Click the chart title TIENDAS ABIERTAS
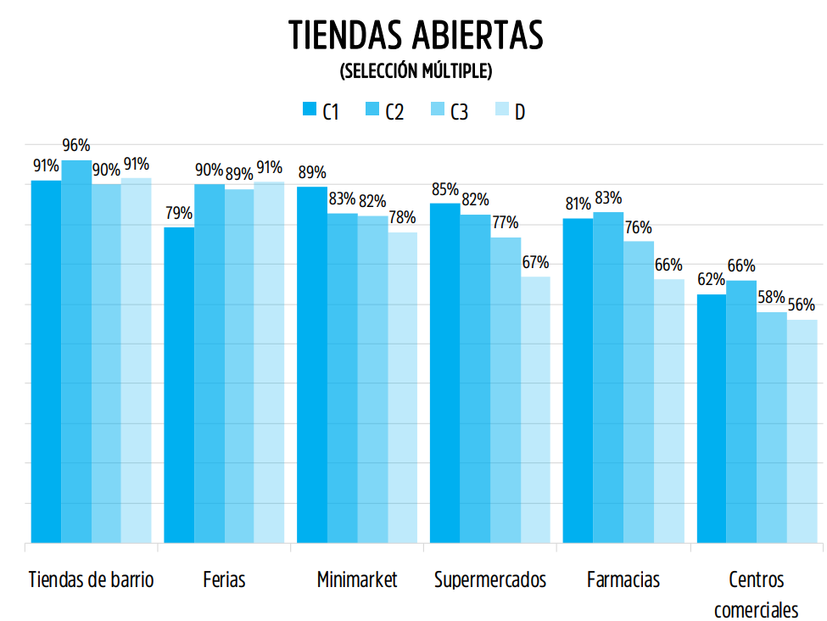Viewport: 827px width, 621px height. click(x=415, y=36)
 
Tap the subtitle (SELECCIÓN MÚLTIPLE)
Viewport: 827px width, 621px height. click(x=415, y=72)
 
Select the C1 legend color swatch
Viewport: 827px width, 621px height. click(x=309, y=109)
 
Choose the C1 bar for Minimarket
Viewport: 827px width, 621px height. click(x=311, y=364)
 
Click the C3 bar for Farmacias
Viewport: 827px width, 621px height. click(x=639, y=391)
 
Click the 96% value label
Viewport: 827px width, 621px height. click(x=76, y=146)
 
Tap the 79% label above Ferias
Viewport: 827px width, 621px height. click(x=179, y=214)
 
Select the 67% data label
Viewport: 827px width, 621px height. click(x=535, y=262)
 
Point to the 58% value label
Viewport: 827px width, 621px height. click(x=771, y=299)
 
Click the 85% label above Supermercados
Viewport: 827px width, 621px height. click(x=444, y=189)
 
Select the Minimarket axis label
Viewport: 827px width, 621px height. click(x=356, y=580)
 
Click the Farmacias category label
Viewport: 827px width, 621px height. click(x=623, y=580)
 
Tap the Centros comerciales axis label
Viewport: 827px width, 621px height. click(x=756, y=595)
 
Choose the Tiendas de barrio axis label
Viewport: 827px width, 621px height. click(x=91, y=580)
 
